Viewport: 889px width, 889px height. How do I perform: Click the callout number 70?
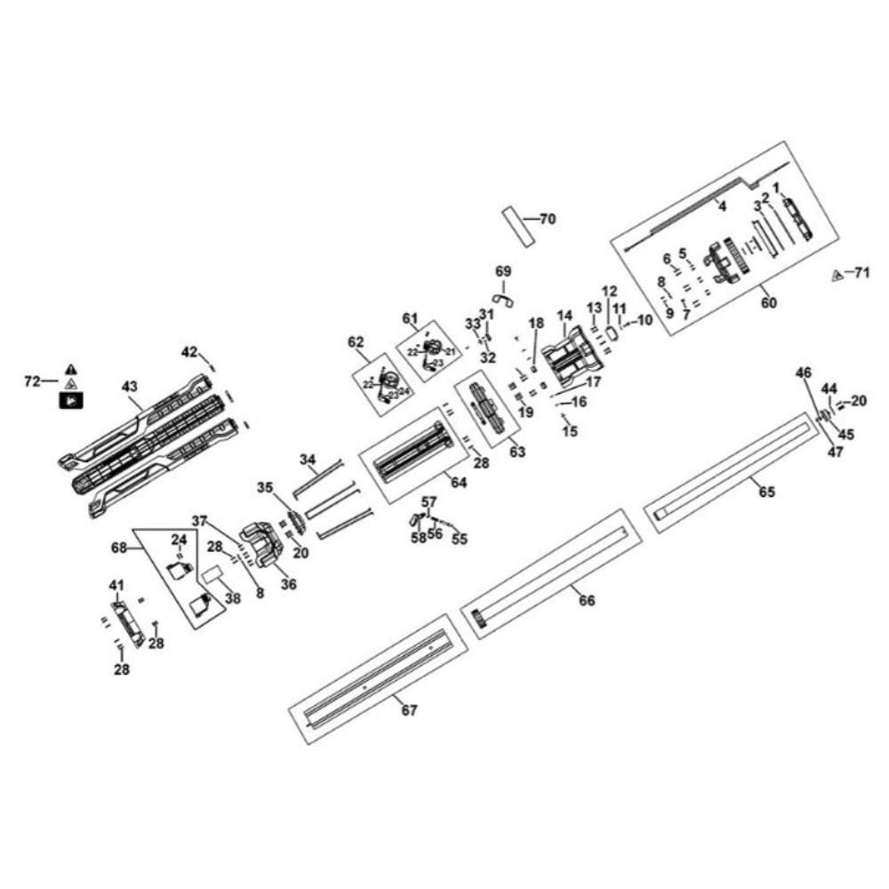[x=547, y=219]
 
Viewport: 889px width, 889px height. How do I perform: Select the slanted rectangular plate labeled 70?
[x=519, y=227]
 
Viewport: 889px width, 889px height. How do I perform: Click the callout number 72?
[x=32, y=381]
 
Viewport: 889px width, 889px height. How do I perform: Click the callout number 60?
[x=768, y=302]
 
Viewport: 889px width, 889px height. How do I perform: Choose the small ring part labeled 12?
[x=612, y=332]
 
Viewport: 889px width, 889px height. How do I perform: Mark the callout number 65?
[x=766, y=492]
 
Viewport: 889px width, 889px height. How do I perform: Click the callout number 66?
[x=587, y=600]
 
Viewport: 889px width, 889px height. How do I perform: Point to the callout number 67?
[x=408, y=710]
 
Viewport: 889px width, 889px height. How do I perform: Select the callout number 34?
[x=308, y=460]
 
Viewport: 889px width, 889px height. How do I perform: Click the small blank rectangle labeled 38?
[x=214, y=577]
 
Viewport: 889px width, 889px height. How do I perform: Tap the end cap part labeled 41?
[x=127, y=622]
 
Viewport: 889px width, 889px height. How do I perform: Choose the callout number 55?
[x=459, y=539]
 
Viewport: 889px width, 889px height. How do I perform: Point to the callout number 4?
[x=722, y=206]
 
